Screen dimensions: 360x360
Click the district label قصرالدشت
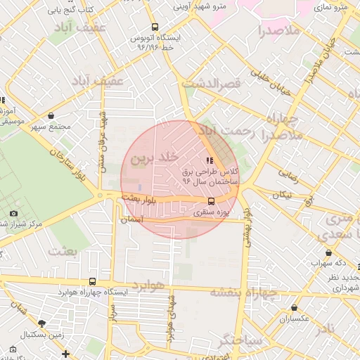tap(211, 83)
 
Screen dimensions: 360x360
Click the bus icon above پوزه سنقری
tap(212, 200)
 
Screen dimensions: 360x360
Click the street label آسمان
tap(132, 219)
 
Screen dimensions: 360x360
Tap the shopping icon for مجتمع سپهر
tap(51, 115)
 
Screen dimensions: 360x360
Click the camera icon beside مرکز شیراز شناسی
tap(13, 213)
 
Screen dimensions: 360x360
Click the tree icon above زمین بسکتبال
tap(41, 323)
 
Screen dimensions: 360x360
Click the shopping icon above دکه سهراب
tap(328, 253)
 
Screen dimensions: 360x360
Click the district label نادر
tap(326, 330)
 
